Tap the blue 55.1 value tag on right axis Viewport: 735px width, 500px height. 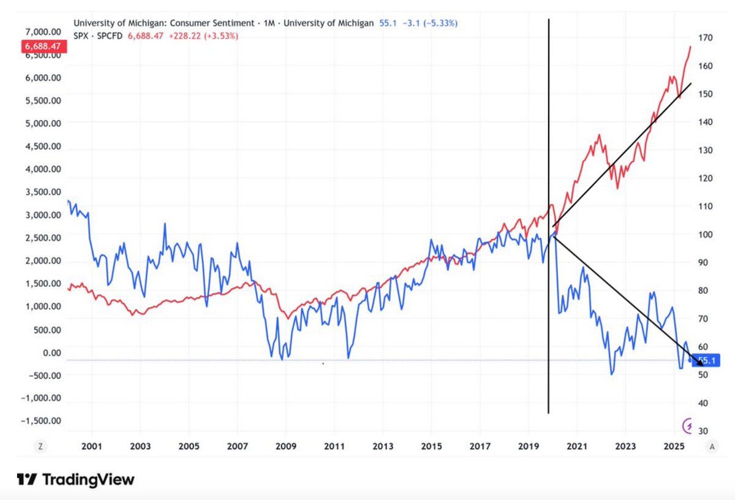click(706, 362)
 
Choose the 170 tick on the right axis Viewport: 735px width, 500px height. click(704, 37)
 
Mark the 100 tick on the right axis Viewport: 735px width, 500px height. click(704, 234)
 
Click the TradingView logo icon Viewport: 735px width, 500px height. click(26, 479)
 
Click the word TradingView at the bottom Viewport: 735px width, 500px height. click(88, 479)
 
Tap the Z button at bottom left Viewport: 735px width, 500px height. click(40, 447)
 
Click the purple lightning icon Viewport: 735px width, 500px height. click(688, 425)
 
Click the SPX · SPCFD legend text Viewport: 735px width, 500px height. click(99, 36)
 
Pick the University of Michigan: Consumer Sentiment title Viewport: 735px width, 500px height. click(163, 23)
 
